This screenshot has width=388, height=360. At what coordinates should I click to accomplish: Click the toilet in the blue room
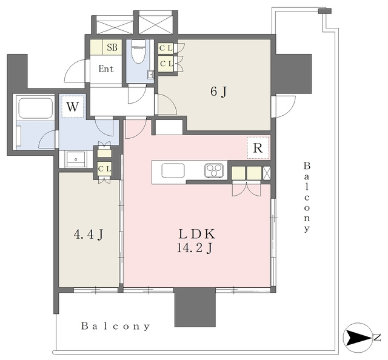tap(138, 52)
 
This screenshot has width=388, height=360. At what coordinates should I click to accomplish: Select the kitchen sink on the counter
tap(173, 171)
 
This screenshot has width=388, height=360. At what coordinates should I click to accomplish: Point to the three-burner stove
tap(214, 170)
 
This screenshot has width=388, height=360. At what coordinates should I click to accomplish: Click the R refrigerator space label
tap(258, 148)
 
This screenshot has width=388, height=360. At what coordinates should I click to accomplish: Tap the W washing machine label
tap(73, 107)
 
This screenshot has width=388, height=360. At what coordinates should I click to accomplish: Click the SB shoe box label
tap(112, 47)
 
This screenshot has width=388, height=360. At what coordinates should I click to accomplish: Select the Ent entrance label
tap(106, 68)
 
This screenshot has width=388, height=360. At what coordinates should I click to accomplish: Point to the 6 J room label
tap(218, 92)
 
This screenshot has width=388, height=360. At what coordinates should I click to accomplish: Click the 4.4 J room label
tap(88, 235)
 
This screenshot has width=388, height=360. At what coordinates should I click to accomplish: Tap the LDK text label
tap(196, 234)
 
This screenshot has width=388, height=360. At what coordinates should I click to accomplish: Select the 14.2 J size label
tap(194, 248)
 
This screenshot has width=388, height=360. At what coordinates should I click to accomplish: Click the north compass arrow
tap(358, 338)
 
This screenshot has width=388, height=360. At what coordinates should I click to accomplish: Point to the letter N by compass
tap(377, 338)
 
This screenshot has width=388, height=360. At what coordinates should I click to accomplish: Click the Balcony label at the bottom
tap(116, 326)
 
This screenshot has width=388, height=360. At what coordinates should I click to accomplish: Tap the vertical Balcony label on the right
tap(307, 197)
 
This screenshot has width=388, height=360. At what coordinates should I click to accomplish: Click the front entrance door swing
tap(75, 72)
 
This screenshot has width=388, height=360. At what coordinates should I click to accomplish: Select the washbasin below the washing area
tap(75, 159)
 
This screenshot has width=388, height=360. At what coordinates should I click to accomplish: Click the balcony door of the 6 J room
tap(283, 107)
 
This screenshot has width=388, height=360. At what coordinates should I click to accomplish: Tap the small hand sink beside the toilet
tap(150, 74)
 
